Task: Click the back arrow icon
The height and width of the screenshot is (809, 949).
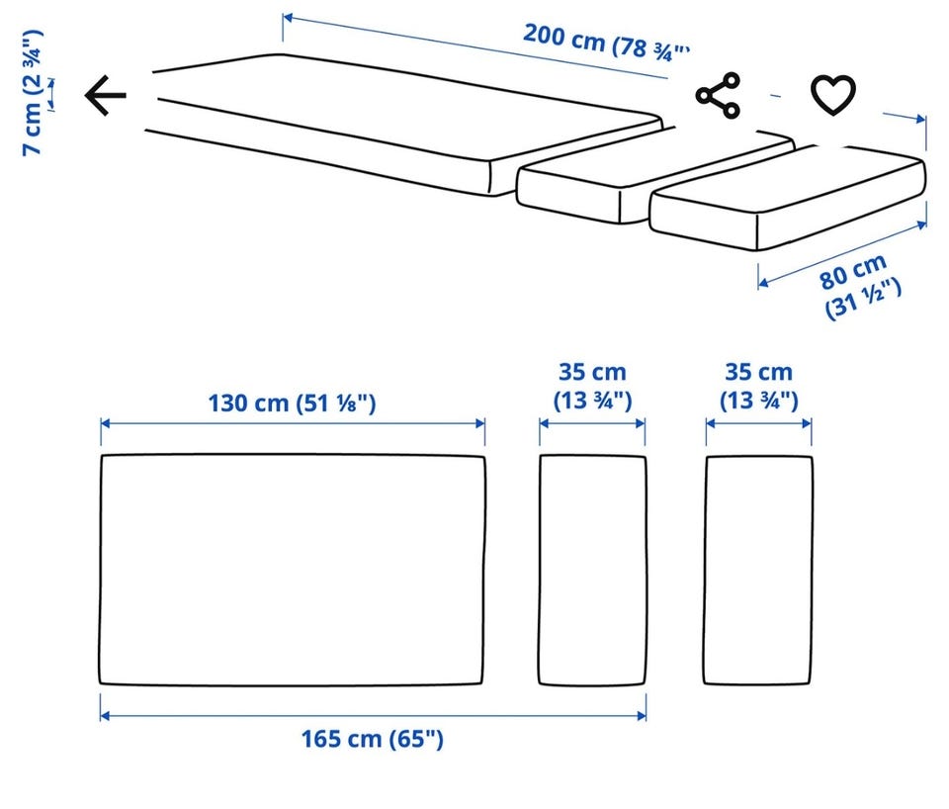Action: click(x=106, y=95)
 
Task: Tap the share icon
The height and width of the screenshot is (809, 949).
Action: click(x=718, y=95)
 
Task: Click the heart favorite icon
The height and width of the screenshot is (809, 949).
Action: click(x=833, y=95)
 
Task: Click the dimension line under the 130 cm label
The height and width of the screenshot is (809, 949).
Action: click(x=293, y=423)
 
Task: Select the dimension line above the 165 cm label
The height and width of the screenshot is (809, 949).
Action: click(x=373, y=716)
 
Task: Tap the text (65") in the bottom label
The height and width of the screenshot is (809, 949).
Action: click(x=416, y=739)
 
